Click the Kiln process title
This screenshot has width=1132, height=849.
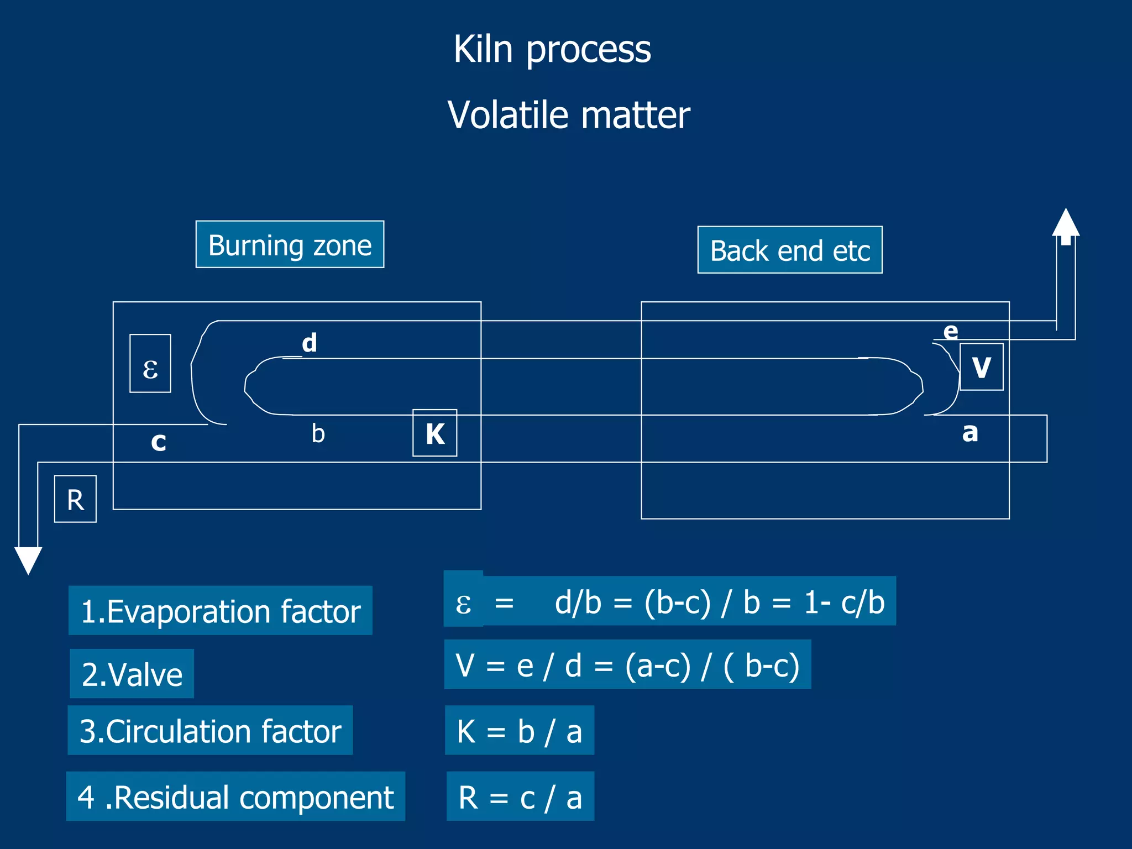point(552,50)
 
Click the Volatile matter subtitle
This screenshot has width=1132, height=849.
point(568,116)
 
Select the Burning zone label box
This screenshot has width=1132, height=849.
point(290,245)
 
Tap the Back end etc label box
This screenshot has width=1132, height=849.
point(789,250)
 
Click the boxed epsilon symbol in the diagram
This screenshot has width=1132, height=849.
point(150,364)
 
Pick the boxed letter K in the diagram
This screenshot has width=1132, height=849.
point(435,433)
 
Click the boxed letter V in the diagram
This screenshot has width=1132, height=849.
point(981,367)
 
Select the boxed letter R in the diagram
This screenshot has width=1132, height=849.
point(75,499)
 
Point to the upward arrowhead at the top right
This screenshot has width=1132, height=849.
point(1065,223)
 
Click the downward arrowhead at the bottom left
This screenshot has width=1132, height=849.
point(28,559)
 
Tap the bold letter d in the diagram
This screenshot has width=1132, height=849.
point(310,343)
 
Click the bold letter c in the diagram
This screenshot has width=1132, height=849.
point(159,442)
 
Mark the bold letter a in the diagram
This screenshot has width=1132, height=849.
point(970,432)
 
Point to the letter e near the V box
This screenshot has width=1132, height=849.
point(950,331)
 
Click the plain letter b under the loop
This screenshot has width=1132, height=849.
point(318,433)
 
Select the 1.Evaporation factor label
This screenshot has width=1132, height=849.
point(220,611)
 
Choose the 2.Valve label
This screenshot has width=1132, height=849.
point(132,674)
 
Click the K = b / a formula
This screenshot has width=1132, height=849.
point(519,731)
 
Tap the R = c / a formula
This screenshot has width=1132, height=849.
point(520,796)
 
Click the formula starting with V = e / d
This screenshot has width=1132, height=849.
point(627,664)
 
